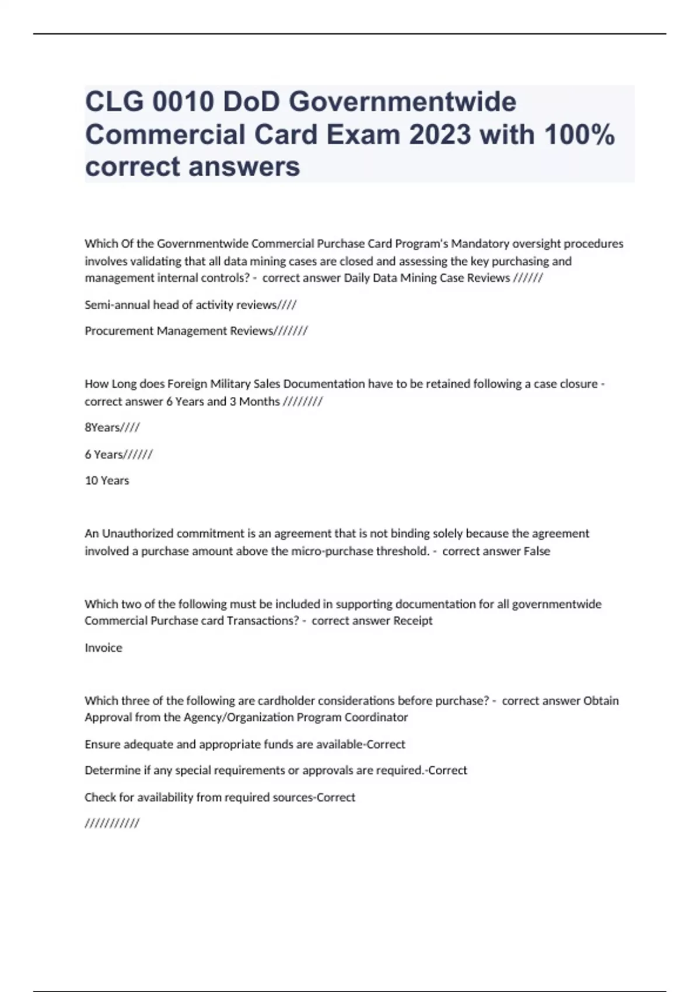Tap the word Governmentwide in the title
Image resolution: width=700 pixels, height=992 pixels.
tap(402, 102)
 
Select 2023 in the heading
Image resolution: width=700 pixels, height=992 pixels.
tap(439, 135)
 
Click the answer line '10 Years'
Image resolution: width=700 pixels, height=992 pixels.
tap(107, 481)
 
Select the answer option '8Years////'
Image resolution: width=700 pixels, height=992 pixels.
tap(112, 428)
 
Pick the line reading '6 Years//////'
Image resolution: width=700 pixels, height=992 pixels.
tap(118, 455)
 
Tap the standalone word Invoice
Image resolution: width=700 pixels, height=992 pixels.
tap(103, 648)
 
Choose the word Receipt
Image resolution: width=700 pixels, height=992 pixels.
tap(413, 621)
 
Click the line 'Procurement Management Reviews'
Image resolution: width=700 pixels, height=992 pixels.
tap(196, 331)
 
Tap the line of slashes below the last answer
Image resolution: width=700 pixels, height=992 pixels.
tap(112, 824)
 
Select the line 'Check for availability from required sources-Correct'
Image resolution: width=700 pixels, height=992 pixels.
tap(220, 798)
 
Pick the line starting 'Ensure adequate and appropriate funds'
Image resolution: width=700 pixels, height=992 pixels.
tap(245, 745)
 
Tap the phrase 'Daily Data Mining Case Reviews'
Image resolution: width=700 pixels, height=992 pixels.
tap(426, 278)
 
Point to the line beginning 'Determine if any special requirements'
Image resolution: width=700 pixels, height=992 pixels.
tap(276, 771)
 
